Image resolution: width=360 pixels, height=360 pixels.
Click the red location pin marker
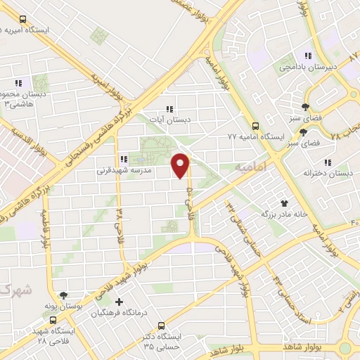[181, 166]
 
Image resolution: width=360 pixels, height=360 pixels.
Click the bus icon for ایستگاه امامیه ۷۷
[255, 127]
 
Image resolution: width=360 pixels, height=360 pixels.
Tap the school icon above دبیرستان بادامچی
[307, 56]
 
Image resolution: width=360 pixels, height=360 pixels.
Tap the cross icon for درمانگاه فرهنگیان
[118, 302]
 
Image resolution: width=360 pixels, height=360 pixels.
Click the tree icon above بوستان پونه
[64, 296]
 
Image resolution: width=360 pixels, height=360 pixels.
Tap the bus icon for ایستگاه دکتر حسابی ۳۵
[162, 326]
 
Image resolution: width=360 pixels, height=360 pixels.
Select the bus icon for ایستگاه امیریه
[23, 19]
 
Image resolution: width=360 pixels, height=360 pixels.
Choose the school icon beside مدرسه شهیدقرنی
[124, 160]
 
